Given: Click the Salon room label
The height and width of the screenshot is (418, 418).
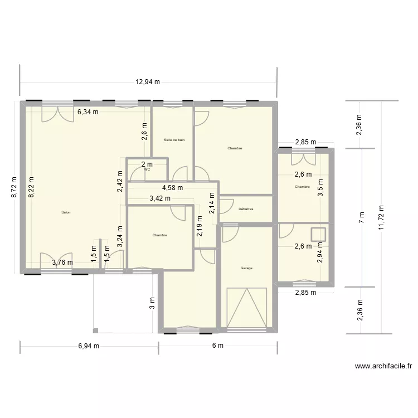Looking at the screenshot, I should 66,212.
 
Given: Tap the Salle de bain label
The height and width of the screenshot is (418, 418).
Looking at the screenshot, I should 174,140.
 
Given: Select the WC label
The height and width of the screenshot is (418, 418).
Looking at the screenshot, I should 147,170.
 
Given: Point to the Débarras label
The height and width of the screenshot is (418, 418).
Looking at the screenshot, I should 245,209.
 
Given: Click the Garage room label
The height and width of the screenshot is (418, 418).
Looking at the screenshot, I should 246,268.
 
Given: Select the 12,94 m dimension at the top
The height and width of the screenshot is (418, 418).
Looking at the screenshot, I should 148,82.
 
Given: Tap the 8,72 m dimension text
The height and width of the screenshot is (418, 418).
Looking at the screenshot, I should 15,187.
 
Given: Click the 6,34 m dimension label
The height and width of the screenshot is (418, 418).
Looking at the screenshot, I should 88,111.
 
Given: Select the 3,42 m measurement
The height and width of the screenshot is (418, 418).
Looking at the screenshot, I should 160,198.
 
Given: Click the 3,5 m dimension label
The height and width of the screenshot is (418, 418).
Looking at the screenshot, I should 320,185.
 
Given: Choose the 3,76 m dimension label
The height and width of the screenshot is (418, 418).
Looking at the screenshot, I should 62,263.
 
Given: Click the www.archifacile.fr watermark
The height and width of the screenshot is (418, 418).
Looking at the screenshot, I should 383,366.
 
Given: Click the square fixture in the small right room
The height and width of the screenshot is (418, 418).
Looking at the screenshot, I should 318,233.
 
